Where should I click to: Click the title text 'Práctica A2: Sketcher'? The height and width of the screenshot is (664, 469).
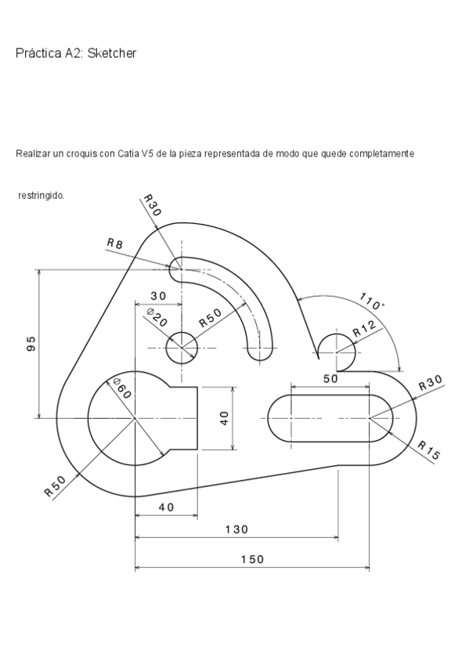[x=76, y=53]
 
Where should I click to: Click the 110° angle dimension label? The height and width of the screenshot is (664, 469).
[x=372, y=301]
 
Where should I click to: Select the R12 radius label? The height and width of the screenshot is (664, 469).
[x=365, y=329]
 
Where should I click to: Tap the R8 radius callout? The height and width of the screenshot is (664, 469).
[x=115, y=244]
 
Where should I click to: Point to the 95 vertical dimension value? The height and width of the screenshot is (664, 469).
[x=31, y=344]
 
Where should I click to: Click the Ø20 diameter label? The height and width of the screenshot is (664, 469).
[x=157, y=317]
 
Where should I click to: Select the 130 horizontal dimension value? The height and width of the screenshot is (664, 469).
[x=236, y=529]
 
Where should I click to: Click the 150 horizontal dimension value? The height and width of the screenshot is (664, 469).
[x=251, y=559]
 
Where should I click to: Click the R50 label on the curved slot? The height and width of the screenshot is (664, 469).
[x=210, y=317]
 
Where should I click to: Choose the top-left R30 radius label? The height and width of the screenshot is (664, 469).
[x=152, y=206]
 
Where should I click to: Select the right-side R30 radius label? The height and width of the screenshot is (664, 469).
[x=430, y=383]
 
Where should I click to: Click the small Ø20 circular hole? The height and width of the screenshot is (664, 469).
[x=182, y=347]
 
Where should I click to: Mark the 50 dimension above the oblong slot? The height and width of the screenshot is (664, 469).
[x=330, y=378]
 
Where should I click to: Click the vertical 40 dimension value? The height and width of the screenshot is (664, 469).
[x=224, y=418]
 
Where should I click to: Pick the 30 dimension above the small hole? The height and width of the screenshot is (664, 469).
[x=158, y=296]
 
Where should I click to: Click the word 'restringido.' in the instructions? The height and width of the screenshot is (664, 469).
[x=41, y=195]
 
